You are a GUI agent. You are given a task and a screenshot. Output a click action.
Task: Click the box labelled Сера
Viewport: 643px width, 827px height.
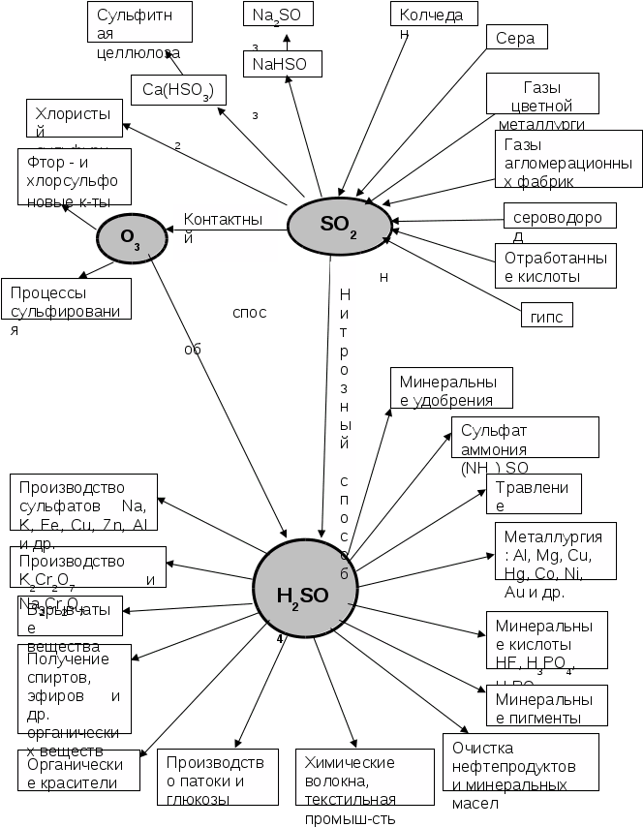click(x=515, y=37)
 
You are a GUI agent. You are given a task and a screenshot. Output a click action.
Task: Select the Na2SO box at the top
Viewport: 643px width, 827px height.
click(x=284, y=15)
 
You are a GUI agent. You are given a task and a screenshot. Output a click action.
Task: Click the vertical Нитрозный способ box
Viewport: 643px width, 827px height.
click(x=344, y=394)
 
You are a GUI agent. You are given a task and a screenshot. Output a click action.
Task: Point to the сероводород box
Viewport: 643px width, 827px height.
click(x=559, y=216)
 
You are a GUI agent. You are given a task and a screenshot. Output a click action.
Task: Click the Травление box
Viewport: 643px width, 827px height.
click(x=532, y=493)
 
